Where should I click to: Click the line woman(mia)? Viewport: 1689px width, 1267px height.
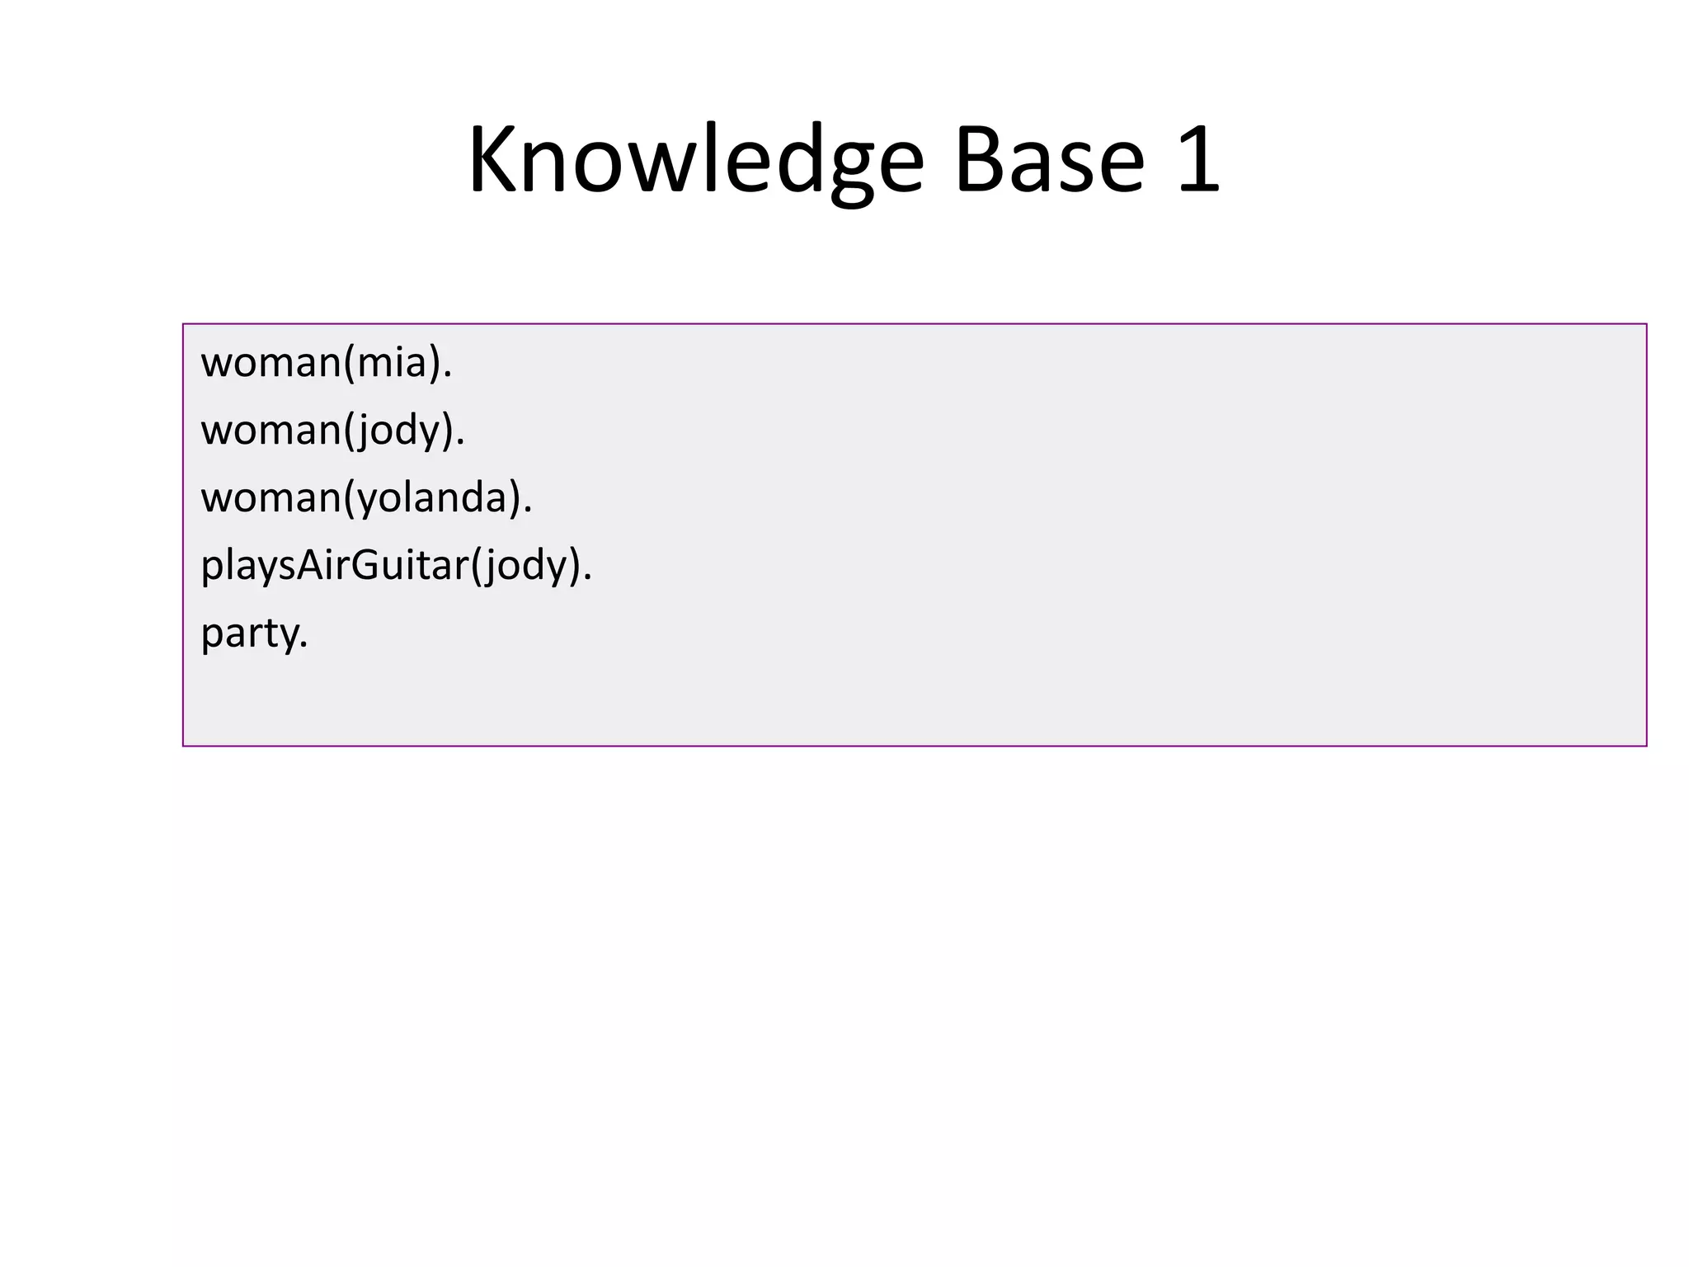[x=326, y=363]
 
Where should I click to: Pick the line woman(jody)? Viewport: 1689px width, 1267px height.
[x=332, y=431]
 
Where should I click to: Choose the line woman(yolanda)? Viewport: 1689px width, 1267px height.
[x=366, y=498]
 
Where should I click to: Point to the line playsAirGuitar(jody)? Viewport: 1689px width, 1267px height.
[x=396, y=566]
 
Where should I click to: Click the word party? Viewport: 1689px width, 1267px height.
[x=250, y=633]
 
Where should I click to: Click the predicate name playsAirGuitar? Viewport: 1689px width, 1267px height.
[x=335, y=566]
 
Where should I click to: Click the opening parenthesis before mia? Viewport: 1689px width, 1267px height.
[x=349, y=364]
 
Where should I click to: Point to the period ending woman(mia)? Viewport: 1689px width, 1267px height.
[x=448, y=375]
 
